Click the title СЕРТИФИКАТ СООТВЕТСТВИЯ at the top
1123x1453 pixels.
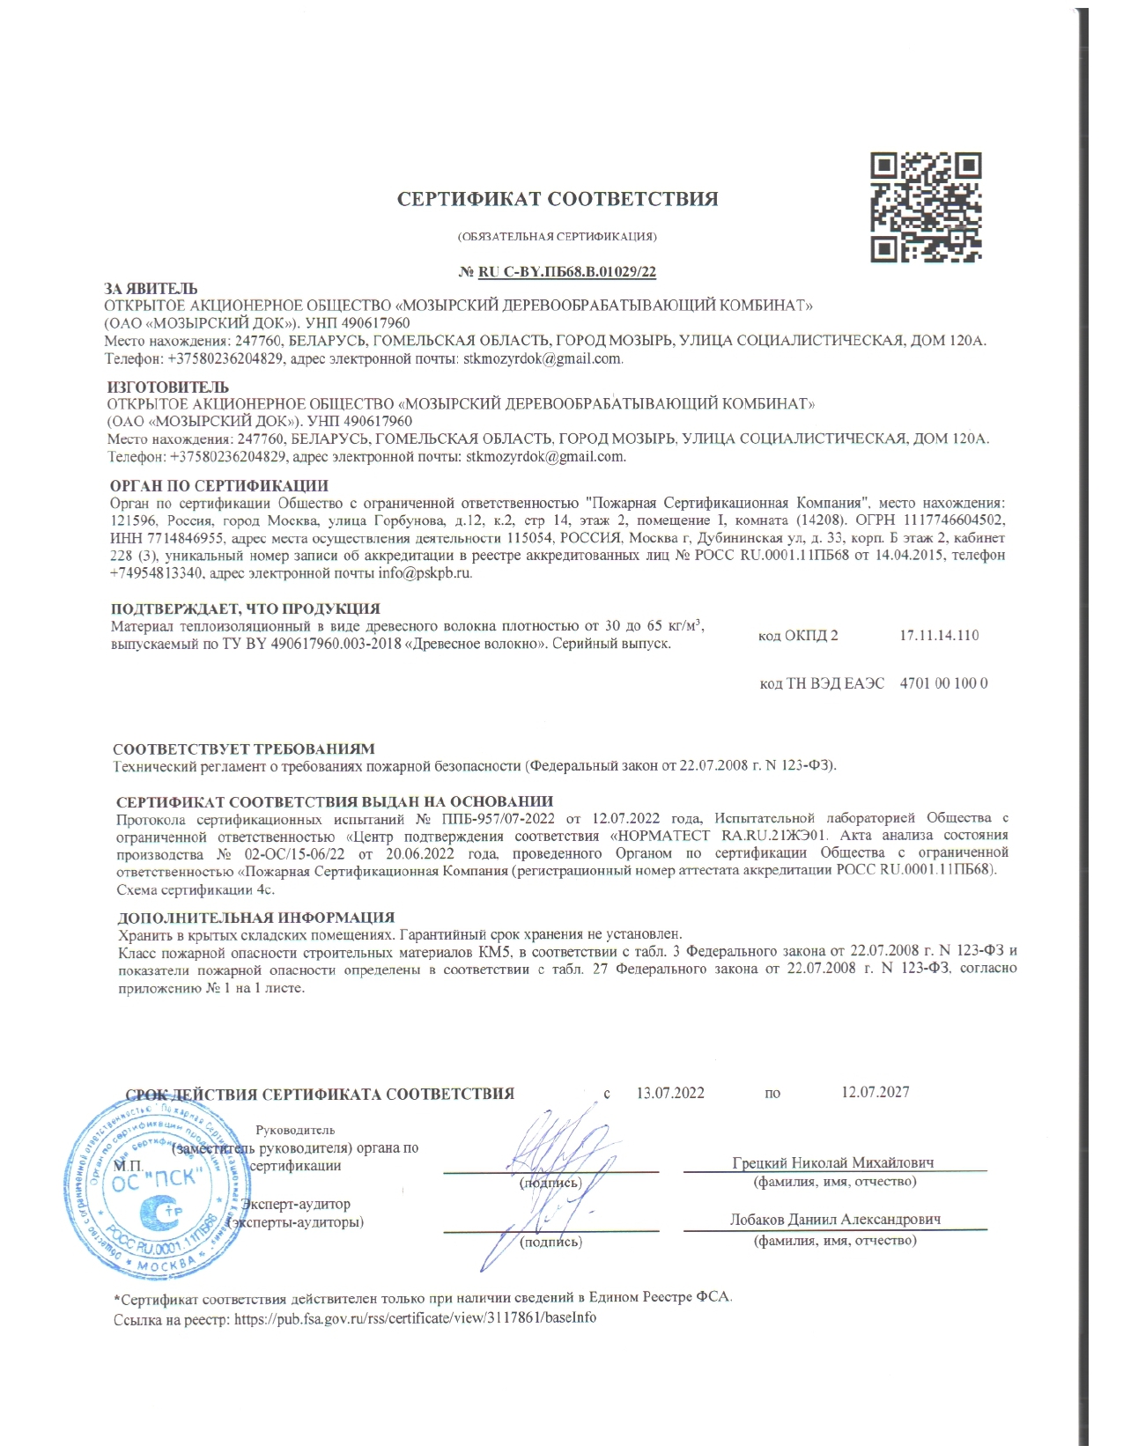coord(558,199)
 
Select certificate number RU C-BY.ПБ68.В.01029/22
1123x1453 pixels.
coord(567,272)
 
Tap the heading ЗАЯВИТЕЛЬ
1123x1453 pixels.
coord(151,289)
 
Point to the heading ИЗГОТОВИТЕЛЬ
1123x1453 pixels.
coord(168,387)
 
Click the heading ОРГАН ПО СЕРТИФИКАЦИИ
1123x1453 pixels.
coord(219,485)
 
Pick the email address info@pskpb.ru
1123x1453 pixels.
coord(425,573)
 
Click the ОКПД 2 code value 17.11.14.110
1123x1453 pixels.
coord(939,636)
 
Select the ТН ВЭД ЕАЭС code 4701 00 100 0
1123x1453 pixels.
coord(943,683)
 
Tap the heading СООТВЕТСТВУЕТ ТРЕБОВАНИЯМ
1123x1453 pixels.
coord(244,749)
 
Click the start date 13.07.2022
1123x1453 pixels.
coord(670,1093)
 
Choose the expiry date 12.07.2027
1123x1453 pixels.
coord(875,1092)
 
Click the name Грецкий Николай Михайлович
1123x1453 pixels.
coord(833,1162)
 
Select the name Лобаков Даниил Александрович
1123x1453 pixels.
coord(835,1220)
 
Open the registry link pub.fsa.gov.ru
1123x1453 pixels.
coord(414,1318)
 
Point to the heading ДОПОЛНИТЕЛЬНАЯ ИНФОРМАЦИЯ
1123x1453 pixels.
coord(256,918)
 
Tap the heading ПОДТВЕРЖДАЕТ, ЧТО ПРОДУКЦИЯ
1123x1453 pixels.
coord(246,608)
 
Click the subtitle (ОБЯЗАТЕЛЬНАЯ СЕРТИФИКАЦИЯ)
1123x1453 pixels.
coord(557,237)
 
